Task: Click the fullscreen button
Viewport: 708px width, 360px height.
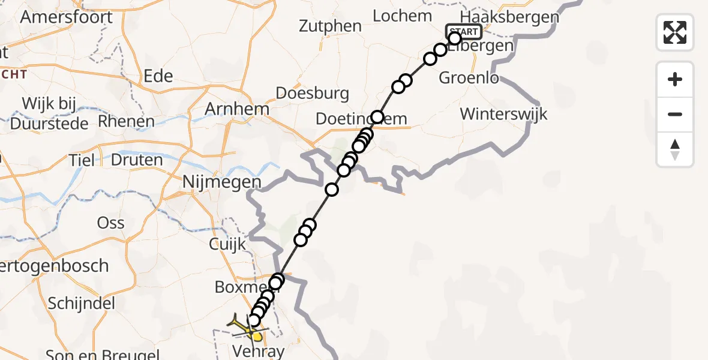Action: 675,32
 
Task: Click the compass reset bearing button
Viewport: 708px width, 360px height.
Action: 675,149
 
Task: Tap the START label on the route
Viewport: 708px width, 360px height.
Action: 463,32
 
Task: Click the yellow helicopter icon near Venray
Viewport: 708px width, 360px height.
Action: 247,327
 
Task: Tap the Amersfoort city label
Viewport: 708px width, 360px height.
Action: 66,16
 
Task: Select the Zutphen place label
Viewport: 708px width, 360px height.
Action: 331,26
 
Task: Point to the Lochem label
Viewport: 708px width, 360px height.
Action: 402,16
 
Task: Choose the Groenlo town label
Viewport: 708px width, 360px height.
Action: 469,77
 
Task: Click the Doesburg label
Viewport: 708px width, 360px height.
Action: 312,93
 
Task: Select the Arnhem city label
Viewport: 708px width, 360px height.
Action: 236,109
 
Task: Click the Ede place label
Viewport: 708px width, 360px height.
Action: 158,76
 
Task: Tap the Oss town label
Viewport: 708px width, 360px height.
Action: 110,223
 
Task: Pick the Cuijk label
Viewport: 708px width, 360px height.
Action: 227,244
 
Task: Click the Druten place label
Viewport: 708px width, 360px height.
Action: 137,160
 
